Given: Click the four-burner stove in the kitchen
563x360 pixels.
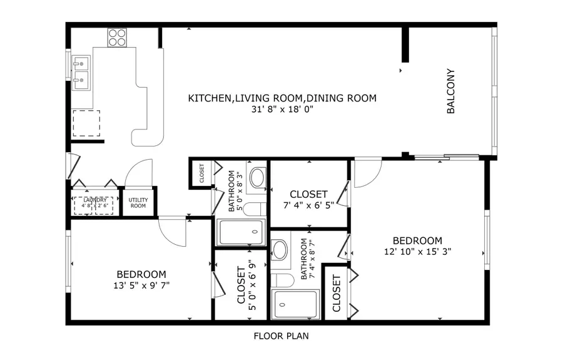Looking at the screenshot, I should click(116, 38).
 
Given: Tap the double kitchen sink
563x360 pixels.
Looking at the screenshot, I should click(82, 70).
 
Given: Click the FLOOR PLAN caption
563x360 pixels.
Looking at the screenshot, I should click(281, 336).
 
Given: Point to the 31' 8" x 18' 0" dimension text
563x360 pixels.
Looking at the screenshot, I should click(282, 109).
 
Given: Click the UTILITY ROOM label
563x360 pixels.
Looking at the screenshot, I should click(138, 203).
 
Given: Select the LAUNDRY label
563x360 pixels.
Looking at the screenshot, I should click(94, 201).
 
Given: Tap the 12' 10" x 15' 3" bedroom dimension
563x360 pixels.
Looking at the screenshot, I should click(417, 251).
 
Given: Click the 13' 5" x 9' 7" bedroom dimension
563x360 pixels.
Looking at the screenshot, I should click(141, 285).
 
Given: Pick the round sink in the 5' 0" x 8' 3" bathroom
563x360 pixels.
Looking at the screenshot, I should click(257, 178).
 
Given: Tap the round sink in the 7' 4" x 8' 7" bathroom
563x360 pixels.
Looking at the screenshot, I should click(280, 250).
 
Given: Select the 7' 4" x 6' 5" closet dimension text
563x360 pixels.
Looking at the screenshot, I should click(308, 205).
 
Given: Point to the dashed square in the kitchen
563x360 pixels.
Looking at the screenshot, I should click(86, 123).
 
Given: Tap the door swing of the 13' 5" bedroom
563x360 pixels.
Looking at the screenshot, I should click(172, 231).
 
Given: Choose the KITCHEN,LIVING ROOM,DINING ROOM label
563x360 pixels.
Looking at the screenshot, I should click(282, 98).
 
